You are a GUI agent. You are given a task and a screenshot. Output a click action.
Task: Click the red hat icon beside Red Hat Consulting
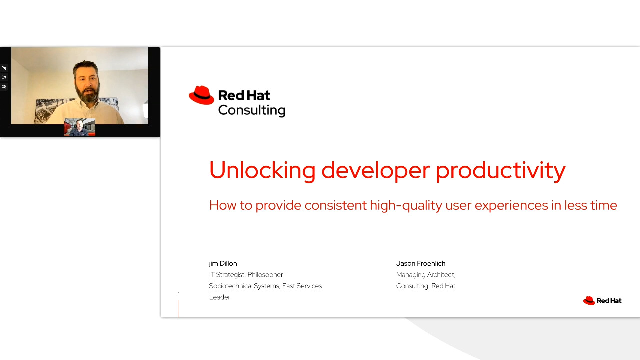pyautogui.click(x=201, y=95)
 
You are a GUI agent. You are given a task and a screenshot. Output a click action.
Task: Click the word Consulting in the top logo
pyautogui.click(x=251, y=110)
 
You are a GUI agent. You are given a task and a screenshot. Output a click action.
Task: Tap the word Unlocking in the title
pyautogui.click(x=262, y=170)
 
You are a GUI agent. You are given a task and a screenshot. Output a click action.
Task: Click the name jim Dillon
pyautogui.click(x=223, y=263)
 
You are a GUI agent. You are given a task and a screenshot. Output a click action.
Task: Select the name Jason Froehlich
pyautogui.click(x=420, y=263)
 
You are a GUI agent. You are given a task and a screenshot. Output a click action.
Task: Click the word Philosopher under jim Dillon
pyautogui.click(x=265, y=275)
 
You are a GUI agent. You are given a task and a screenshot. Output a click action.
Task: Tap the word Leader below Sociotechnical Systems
pyautogui.click(x=219, y=297)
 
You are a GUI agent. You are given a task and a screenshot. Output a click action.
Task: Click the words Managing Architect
pyautogui.click(x=425, y=275)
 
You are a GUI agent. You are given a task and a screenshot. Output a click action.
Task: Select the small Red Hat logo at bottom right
pyautogui.click(x=602, y=300)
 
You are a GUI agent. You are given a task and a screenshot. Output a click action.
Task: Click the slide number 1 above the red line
pyautogui.click(x=179, y=294)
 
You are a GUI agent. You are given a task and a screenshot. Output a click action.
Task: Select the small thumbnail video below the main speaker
pyautogui.click(x=80, y=127)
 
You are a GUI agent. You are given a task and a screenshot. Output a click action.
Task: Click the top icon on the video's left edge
pyautogui.click(x=4, y=68)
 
